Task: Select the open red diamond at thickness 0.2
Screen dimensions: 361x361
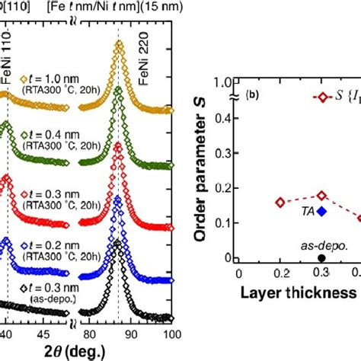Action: click(280, 203)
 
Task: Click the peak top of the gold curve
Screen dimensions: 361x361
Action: click(119, 45)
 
